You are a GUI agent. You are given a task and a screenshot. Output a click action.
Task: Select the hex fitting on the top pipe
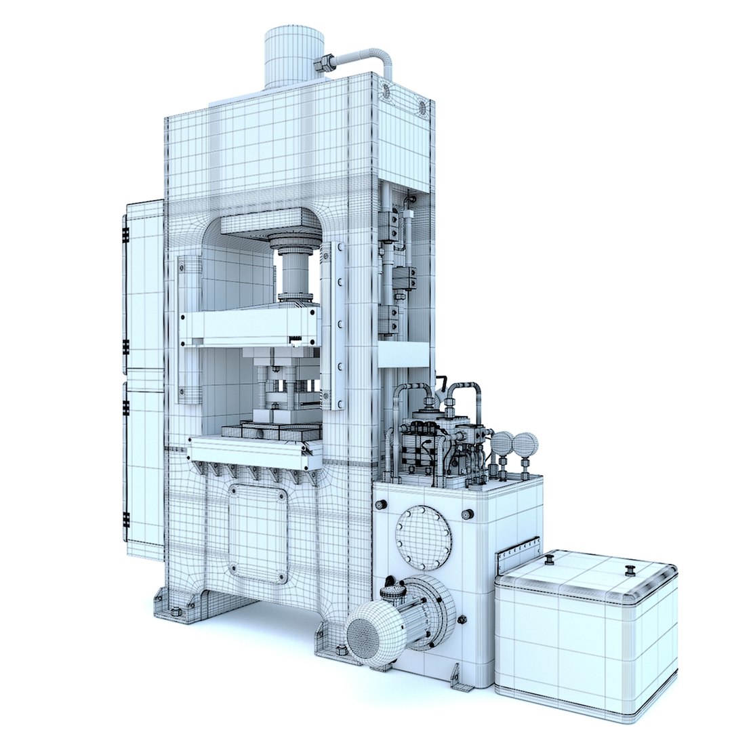[x=323, y=64]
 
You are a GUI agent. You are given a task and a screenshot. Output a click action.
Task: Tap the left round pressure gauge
[x=502, y=443]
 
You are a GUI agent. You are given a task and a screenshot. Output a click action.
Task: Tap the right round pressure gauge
[x=525, y=445]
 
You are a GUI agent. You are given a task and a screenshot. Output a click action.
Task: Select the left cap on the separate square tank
[x=550, y=559]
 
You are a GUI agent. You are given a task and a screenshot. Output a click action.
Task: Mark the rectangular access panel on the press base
[x=258, y=533]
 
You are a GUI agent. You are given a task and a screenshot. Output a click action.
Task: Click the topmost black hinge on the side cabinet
[x=125, y=235]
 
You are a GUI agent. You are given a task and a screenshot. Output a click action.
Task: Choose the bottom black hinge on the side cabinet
[x=126, y=521]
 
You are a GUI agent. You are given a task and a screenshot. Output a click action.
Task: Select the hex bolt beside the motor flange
[x=462, y=619]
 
